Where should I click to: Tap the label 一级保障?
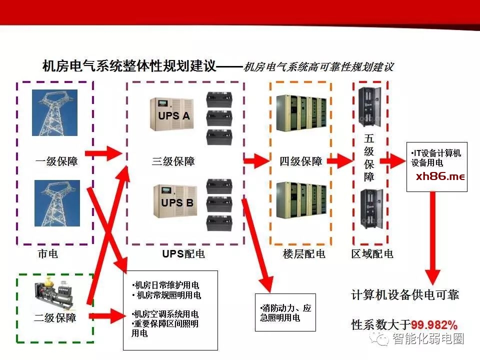pos(56,161)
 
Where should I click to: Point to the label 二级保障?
pos(55,317)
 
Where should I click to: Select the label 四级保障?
pos(300,161)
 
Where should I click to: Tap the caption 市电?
pos(48,253)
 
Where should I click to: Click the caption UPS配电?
pos(183,253)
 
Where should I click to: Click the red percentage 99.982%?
pos(434,324)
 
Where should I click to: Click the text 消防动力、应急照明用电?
pos(285,312)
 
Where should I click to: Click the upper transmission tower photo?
pos(54,112)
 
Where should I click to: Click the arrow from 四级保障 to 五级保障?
pos(340,161)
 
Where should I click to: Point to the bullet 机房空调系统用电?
pos(166,314)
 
